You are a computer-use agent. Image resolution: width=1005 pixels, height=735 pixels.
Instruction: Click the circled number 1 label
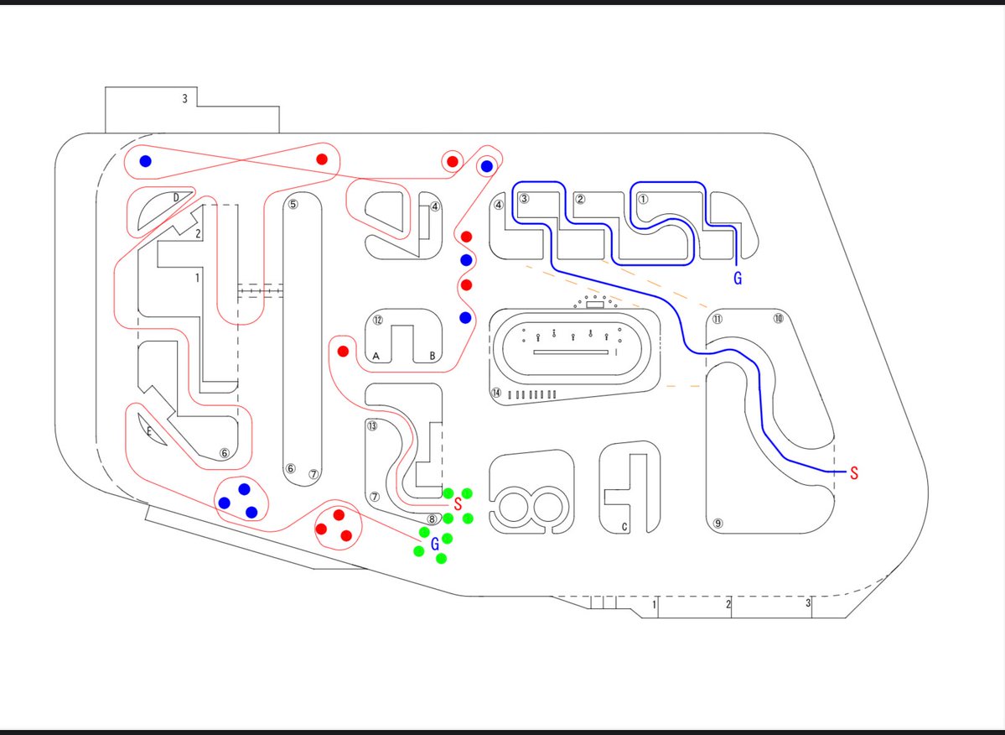(x=644, y=200)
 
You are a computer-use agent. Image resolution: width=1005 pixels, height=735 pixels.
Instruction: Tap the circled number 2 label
(x=579, y=200)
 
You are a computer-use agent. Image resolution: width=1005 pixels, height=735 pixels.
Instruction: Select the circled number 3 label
(x=524, y=200)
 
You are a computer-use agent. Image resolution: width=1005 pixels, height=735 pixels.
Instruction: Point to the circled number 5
(x=293, y=204)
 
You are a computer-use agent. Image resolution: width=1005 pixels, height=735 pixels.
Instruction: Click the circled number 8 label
(x=432, y=520)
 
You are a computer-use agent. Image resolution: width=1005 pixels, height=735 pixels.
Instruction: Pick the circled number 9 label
(x=717, y=523)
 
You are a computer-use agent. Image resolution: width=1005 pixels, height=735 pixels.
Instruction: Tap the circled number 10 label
(x=778, y=319)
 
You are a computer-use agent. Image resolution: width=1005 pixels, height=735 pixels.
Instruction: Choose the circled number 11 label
(x=717, y=320)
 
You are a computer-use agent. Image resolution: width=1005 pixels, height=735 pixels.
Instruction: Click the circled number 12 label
(x=378, y=320)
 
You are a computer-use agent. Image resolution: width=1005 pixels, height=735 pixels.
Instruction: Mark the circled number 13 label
(x=372, y=426)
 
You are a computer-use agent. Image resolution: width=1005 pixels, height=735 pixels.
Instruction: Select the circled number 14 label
(x=496, y=393)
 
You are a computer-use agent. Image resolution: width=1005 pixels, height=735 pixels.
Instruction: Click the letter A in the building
(x=376, y=357)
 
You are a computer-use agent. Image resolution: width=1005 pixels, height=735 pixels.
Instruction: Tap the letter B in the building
(x=432, y=357)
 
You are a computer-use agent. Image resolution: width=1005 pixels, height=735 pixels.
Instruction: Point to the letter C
(x=624, y=527)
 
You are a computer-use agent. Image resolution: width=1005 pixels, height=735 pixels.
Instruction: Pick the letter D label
(x=176, y=197)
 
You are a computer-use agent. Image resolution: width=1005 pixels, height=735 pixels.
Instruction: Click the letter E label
(x=150, y=432)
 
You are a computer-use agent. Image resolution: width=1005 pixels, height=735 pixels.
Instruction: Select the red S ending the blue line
(x=854, y=473)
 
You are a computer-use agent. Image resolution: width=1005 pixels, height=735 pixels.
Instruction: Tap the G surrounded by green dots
(x=435, y=544)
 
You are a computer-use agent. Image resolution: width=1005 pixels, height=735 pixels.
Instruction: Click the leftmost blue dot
(x=146, y=161)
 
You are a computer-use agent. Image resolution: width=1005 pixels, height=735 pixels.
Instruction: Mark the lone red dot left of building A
(x=343, y=351)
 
